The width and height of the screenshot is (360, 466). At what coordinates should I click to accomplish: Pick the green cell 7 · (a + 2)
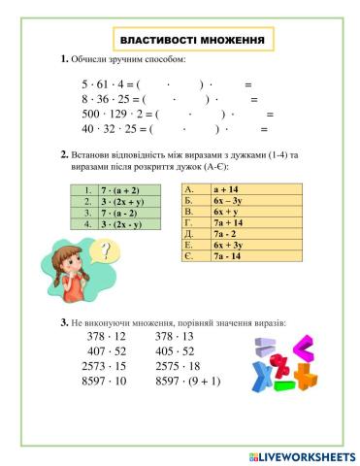tap(119, 190)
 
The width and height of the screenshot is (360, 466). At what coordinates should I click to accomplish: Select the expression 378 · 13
tap(175, 336)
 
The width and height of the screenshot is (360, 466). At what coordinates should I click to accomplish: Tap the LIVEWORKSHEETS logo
tap(301, 455)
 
